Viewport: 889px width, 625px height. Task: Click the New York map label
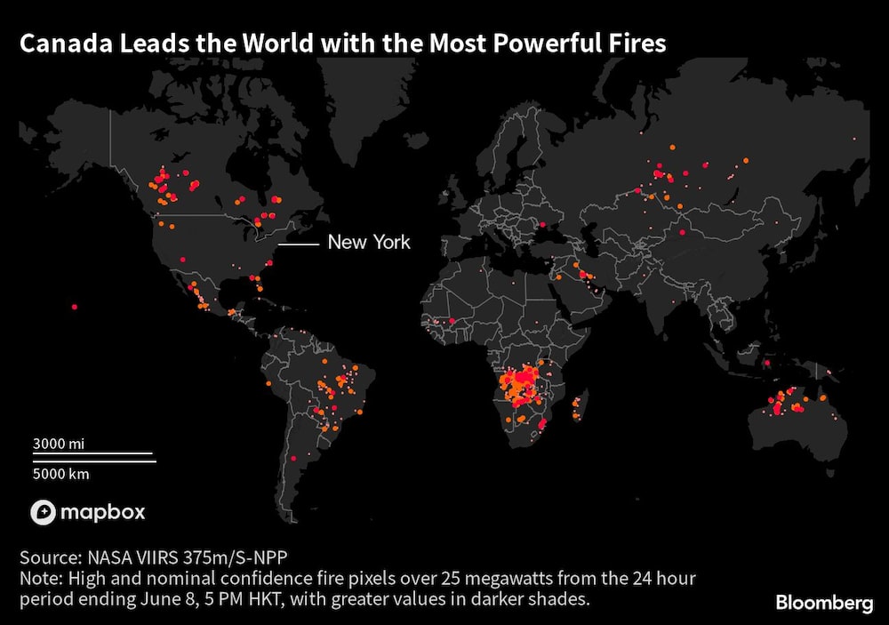click(x=369, y=242)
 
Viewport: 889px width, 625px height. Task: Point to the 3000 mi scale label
click(x=59, y=443)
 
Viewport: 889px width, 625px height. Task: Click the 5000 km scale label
click(x=61, y=474)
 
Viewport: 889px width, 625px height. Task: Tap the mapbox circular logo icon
click(x=44, y=512)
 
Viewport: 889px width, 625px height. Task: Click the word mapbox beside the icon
click(x=102, y=512)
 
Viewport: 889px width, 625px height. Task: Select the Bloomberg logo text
click(x=824, y=603)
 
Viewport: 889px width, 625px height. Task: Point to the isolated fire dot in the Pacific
click(x=74, y=308)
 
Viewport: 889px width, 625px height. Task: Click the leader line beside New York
click(x=298, y=243)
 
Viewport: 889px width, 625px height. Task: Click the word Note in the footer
click(x=38, y=579)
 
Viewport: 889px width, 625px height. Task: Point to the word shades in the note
click(x=562, y=599)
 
